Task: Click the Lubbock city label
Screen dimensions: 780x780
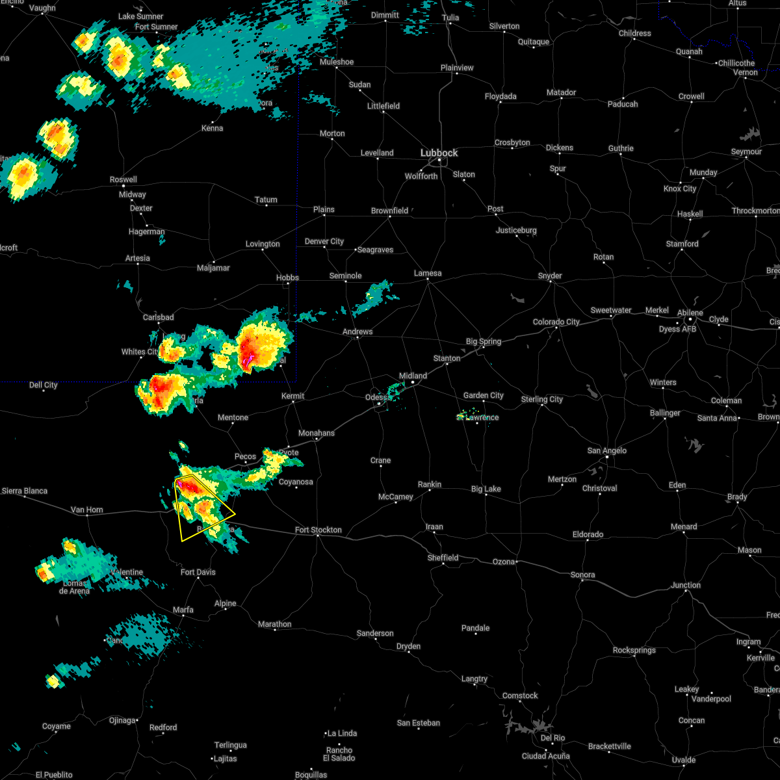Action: [439, 153]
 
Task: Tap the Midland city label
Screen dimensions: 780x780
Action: [413, 376]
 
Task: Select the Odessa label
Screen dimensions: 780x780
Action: [375, 397]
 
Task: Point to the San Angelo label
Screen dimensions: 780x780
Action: [606, 450]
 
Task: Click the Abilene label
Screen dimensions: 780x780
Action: [690, 313]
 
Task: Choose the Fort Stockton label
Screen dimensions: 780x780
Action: [318, 530]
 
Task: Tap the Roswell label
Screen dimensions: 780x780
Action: [123, 179]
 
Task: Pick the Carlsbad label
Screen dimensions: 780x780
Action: [159, 317]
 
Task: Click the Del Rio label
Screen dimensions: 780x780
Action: [552, 738]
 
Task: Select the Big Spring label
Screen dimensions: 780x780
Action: [484, 341]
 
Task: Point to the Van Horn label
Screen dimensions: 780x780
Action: [86, 510]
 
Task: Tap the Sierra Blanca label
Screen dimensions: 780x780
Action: [25, 491]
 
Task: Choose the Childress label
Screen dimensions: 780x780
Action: [634, 33]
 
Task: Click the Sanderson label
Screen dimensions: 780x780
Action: [375, 633]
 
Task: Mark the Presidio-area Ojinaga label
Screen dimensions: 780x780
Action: [122, 720]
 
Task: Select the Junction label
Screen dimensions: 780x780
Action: [686, 585]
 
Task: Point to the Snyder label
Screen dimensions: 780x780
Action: [550, 276]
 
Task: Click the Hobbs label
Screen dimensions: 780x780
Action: [287, 278]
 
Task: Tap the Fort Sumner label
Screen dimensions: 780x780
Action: [156, 27]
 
